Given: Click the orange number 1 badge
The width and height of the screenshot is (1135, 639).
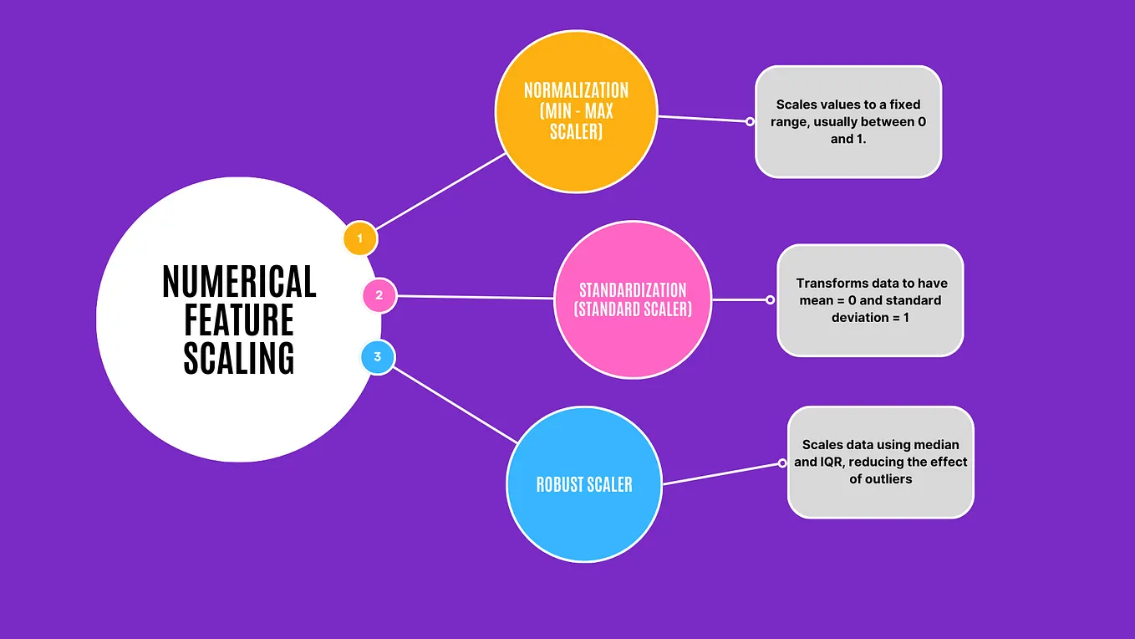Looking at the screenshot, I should (x=360, y=239).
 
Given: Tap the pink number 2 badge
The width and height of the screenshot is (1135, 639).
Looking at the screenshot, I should (x=379, y=295).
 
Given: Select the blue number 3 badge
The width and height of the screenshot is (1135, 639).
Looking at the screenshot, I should (x=378, y=357).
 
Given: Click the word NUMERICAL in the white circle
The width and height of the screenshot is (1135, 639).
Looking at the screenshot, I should (x=239, y=283).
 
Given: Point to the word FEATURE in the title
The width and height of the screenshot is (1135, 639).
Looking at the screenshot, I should (x=239, y=320).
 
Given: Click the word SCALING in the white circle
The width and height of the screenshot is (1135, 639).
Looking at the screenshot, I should (x=239, y=358).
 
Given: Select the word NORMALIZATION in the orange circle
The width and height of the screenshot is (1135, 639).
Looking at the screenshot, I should (x=576, y=89).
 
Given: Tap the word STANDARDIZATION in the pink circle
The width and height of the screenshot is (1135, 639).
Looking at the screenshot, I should (x=633, y=290).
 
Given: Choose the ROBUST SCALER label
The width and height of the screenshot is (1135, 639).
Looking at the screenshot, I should (x=584, y=484).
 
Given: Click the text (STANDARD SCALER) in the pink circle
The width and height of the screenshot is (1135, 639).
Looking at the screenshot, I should (x=633, y=309).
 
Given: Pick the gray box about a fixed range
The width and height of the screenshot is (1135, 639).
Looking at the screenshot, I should (x=848, y=122).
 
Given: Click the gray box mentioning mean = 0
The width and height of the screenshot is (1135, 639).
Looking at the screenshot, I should (x=870, y=300).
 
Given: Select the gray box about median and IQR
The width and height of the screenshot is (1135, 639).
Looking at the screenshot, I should (x=881, y=462).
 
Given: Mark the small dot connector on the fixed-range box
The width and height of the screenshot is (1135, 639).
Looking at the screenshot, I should (x=750, y=121).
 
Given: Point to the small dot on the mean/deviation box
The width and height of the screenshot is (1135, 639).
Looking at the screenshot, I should (x=771, y=299).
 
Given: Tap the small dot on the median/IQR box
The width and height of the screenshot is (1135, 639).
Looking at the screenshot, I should (x=782, y=463).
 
